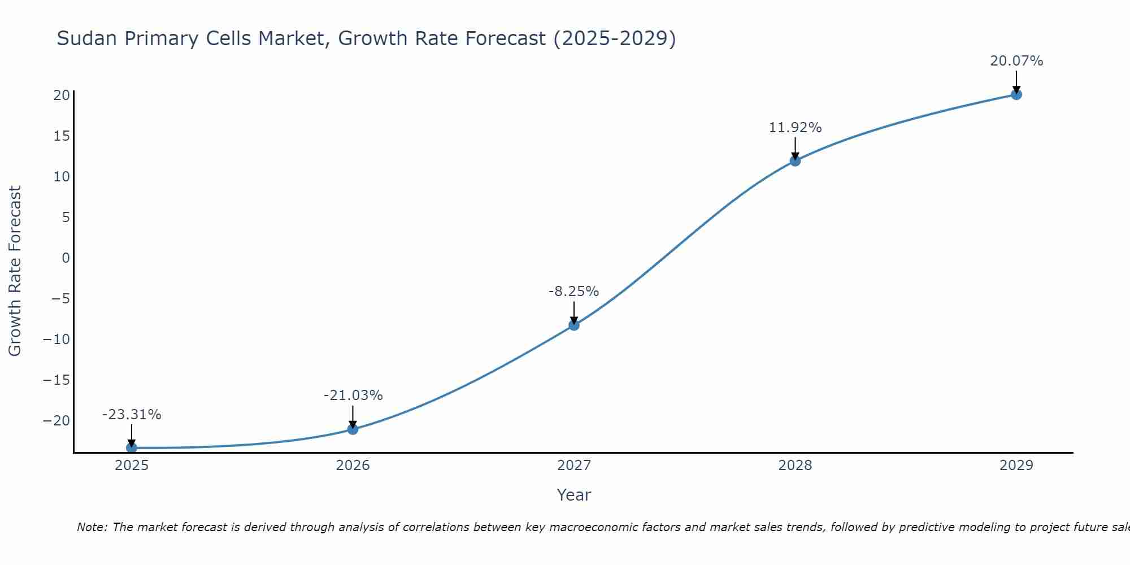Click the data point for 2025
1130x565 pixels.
tap(132, 447)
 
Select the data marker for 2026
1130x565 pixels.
tap(353, 429)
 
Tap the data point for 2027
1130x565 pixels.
tap(574, 325)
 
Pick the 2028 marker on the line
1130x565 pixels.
tap(795, 160)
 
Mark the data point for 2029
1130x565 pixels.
tap(1016, 94)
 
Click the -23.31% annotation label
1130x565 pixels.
tap(132, 415)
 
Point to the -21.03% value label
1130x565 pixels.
tap(353, 395)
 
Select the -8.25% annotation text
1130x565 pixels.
tap(573, 292)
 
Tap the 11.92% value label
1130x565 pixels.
tap(795, 128)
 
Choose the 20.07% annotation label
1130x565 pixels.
tap(1016, 61)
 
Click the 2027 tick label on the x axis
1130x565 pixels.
tap(574, 466)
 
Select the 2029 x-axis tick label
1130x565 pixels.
tap(1016, 466)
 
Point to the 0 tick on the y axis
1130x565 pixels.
tap(66, 258)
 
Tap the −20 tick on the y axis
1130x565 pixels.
tap(56, 421)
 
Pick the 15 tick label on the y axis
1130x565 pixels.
tap(62, 136)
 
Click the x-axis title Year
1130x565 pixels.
tap(574, 495)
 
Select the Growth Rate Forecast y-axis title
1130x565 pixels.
tap(15, 271)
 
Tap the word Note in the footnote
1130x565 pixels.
tap(92, 527)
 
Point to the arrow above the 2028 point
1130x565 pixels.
tap(795, 148)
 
